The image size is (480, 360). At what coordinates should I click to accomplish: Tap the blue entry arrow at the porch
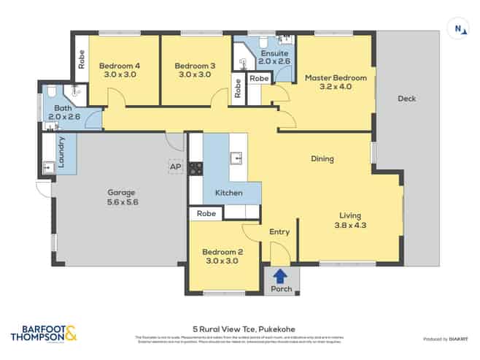tap(279, 276)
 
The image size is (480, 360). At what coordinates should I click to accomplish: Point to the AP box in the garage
tap(175, 167)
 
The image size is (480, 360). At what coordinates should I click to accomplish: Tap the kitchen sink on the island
tap(236, 158)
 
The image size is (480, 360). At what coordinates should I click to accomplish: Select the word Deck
tap(406, 99)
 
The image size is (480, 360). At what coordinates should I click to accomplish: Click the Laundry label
tap(61, 151)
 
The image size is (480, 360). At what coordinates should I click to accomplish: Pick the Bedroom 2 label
tap(222, 257)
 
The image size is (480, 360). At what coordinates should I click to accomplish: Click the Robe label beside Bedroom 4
tap(82, 58)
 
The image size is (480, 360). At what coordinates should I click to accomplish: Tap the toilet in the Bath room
tap(50, 92)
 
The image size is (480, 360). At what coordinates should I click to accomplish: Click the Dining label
tap(322, 158)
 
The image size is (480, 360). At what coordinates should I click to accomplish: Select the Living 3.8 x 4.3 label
tap(349, 220)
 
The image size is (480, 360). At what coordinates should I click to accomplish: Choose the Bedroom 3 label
tap(193, 70)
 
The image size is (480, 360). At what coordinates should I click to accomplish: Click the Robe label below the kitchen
tap(206, 214)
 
